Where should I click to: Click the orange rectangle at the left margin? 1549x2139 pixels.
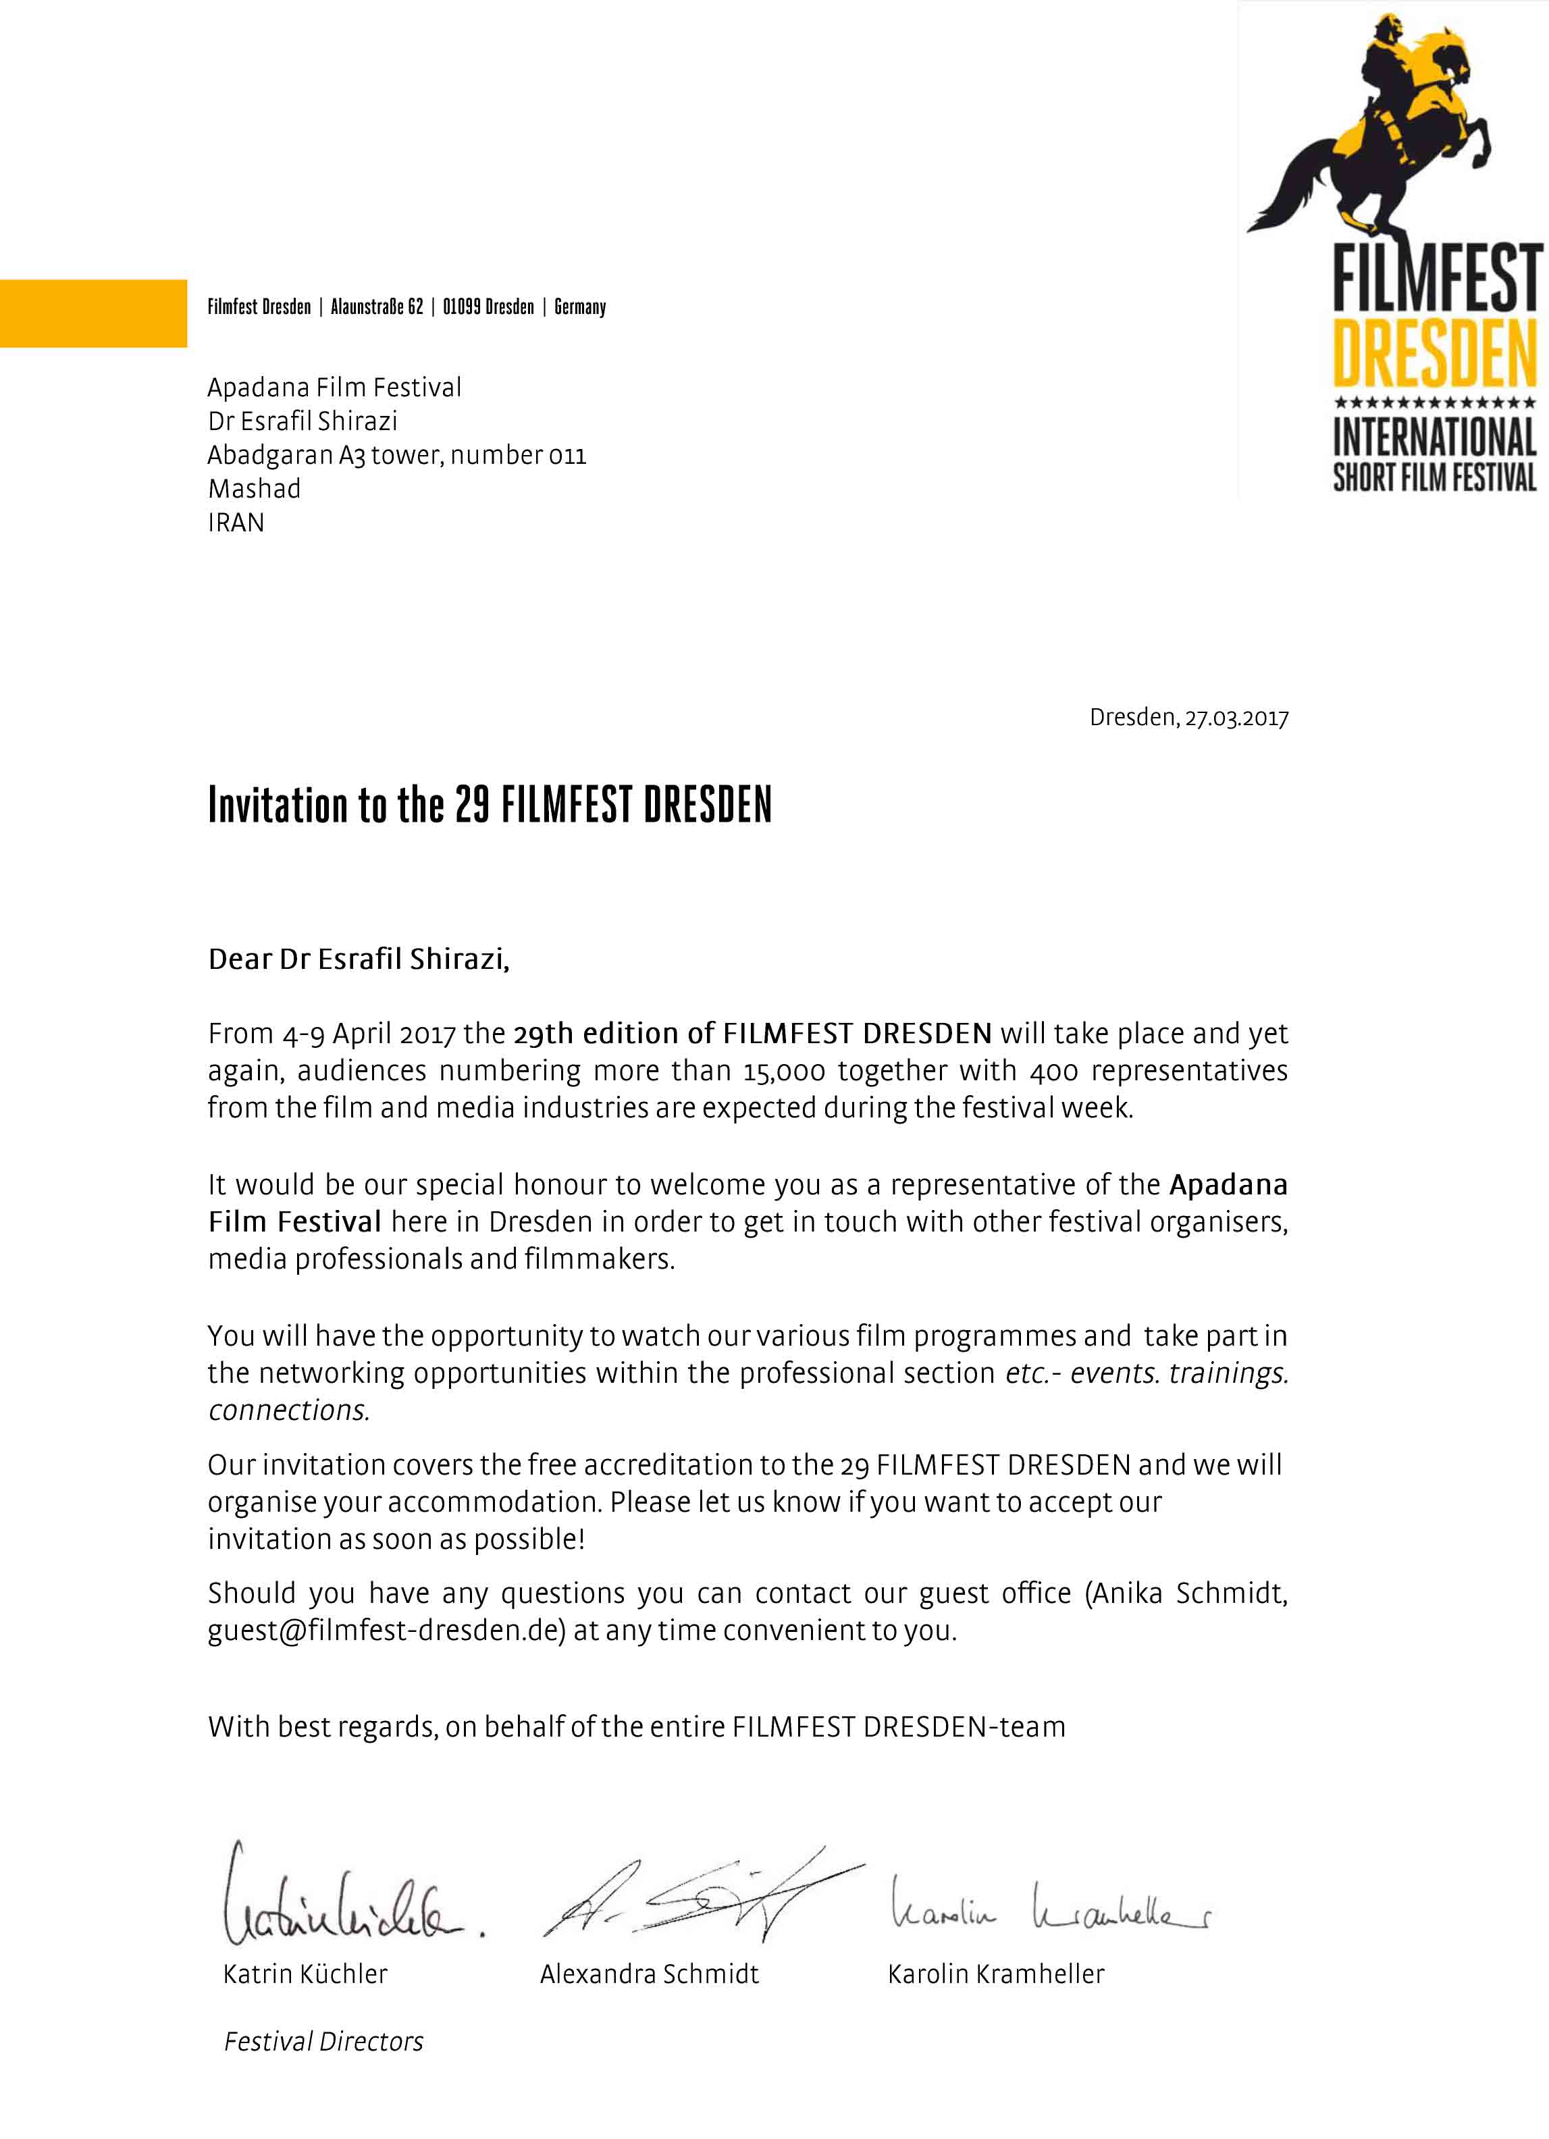(x=93, y=313)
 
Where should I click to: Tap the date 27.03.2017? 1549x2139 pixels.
(x=1236, y=718)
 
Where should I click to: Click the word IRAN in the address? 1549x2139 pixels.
(x=236, y=523)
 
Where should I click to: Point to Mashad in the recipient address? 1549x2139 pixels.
(x=254, y=489)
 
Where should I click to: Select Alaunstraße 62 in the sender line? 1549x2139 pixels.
(x=376, y=307)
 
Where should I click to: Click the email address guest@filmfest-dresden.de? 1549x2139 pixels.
(x=386, y=1630)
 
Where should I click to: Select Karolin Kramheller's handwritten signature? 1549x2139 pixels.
(x=1050, y=1905)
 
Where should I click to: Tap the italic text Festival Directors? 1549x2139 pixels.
(x=323, y=2042)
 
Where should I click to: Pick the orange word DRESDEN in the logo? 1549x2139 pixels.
(x=1434, y=354)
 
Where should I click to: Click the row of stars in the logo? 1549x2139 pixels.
(x=1434, y=402)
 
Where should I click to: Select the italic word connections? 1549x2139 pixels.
(x=288, y=1410)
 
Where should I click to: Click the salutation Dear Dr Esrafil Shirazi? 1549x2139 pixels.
(x=359, y=959)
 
